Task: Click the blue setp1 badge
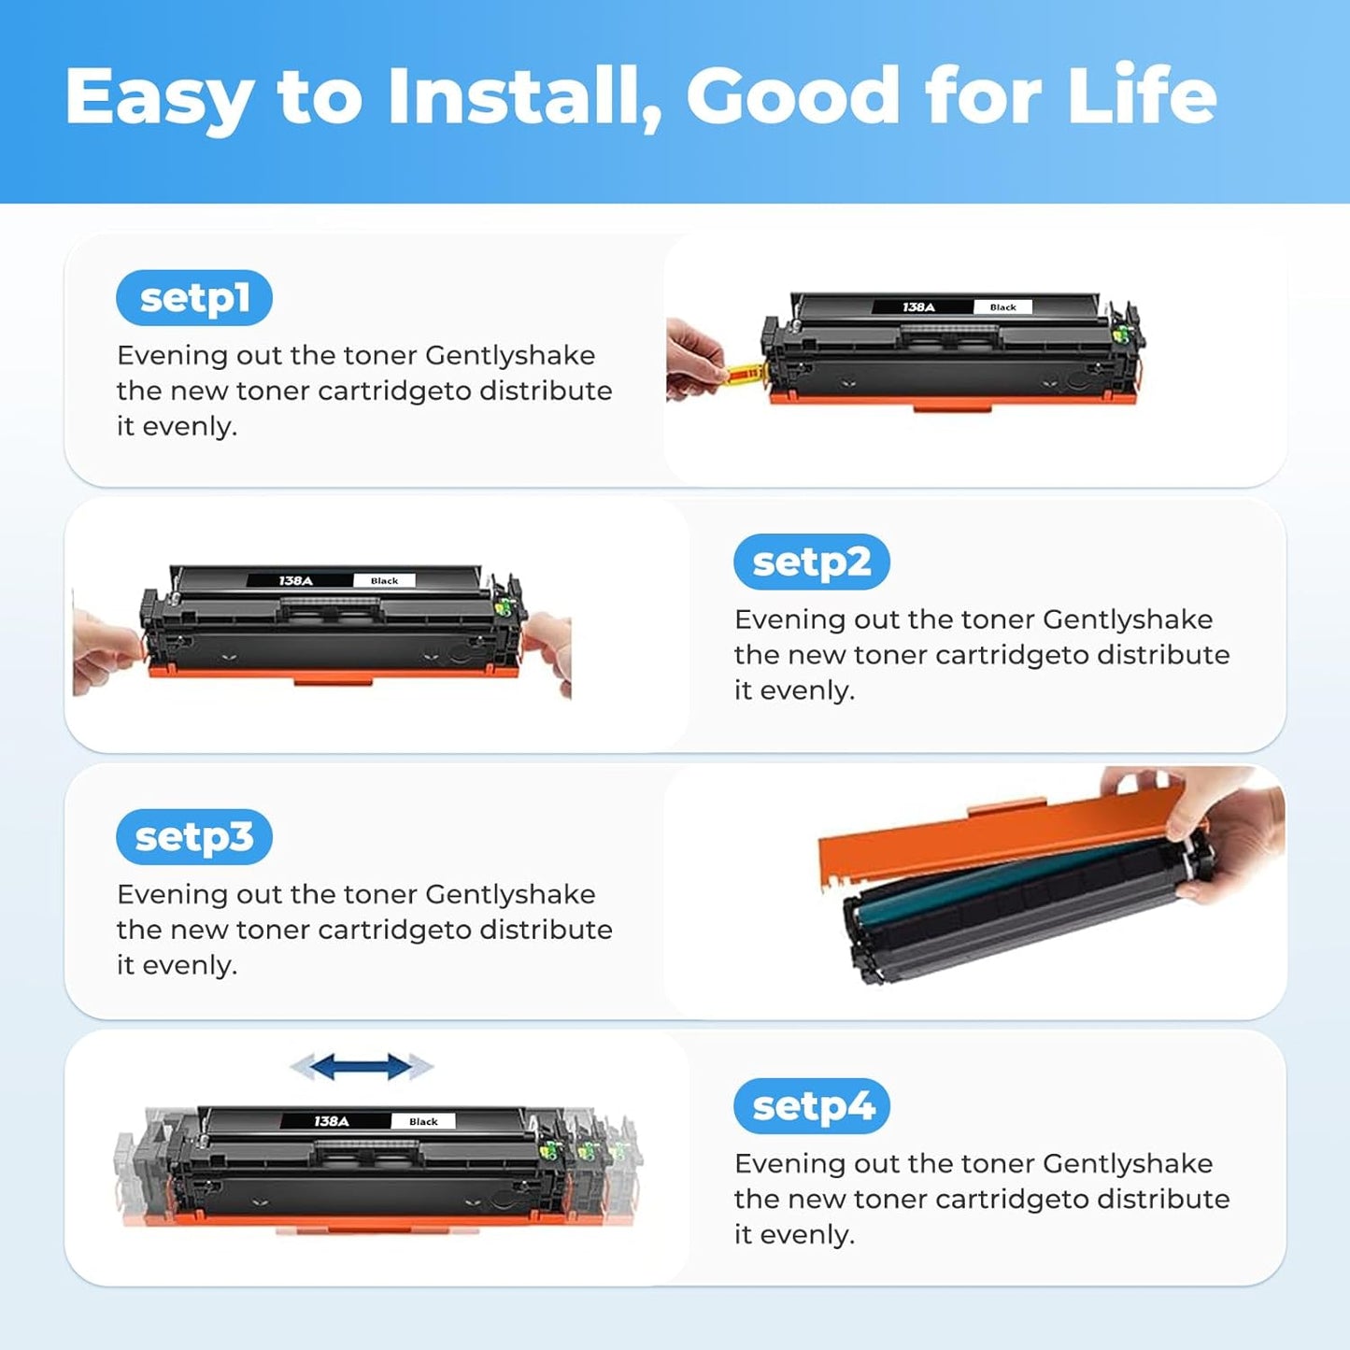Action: [x=194, y=298]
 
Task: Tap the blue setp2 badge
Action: [x=811, y=562]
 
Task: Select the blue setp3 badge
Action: [x=194, y=837]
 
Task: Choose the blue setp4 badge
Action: [x=812, y=1106]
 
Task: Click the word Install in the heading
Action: [x=524, y=96]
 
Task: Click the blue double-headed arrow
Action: [x=362, y=1067]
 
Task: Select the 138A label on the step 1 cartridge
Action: [x=918, y=307]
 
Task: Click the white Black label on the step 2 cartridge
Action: [x=384, y=581]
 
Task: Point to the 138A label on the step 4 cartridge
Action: [x=332, y=1121]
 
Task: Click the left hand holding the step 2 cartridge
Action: [x=105, y=649]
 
